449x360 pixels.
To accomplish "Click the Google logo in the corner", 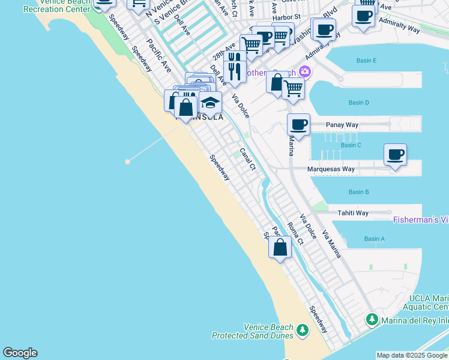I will click(20, 353).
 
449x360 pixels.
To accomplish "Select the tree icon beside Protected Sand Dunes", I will click(302, 330).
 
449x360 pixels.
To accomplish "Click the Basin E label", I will click(366, 61).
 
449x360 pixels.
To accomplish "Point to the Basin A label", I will click(374, 239).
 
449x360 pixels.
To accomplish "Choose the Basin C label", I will click(351, 145).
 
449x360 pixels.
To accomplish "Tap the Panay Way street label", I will click(342, 125).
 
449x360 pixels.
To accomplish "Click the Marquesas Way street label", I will click(331, 169).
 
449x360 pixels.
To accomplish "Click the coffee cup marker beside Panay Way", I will click(298, 125).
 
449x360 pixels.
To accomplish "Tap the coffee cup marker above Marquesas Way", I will click(395, 155).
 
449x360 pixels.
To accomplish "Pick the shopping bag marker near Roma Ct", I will click(280, 247).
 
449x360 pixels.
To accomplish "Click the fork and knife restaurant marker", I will click(235, 71).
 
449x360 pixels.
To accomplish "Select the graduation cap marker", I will click(210, 103).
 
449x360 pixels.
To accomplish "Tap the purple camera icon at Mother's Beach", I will click(306, 73).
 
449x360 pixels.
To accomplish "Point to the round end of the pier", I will click(128, 161).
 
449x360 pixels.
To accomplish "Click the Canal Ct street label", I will click(247, 159).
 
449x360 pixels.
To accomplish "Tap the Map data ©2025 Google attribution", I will click(412, 355).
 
